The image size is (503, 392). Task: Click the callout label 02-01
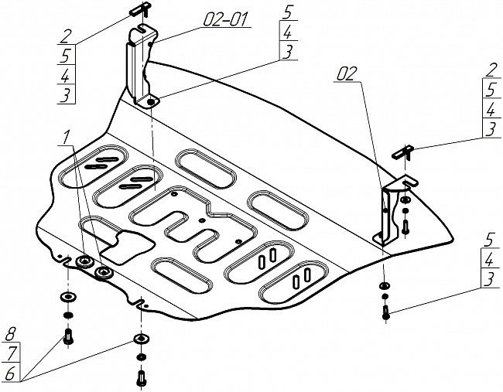226,19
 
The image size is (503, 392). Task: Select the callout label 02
347,73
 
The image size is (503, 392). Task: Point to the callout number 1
66,138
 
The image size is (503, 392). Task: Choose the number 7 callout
12,354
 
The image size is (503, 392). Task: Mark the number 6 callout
11,373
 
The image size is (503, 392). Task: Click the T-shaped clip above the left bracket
140,9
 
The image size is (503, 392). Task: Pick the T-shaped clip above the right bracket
403,152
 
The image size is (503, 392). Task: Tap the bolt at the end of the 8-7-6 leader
68,336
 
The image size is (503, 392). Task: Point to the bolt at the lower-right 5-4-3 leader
385,312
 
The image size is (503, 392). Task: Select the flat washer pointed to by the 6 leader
141,339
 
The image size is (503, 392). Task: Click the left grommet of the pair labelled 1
84,261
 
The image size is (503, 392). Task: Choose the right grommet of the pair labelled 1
103,272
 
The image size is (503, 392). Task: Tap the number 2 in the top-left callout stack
64,36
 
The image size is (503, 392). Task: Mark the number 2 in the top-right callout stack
491,70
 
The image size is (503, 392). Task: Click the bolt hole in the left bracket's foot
151,102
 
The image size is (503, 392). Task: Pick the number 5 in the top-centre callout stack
288,12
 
